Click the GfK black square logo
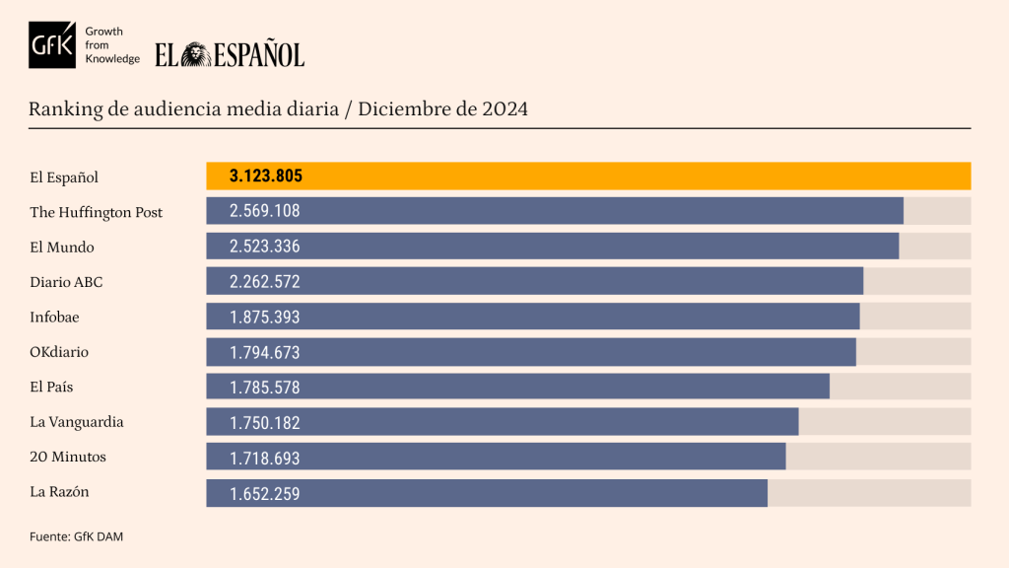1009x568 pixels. [x=52, y=44]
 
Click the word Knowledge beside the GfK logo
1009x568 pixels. [x=112, y=59]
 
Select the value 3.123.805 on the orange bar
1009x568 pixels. [x=265, y=177]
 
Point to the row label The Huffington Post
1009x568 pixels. [x=96, y=212]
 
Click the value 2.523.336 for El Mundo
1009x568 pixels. [x=264, y=247]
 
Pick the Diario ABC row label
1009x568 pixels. [x=66, y=282]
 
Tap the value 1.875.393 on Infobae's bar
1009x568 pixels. [x=264, y=317]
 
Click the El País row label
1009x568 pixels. [x=51, y=387]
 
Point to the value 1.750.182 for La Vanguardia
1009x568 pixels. [x=264, y=422]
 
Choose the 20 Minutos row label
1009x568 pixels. [x=68, y=457]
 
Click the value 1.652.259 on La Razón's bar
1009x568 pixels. [x=264, y=492]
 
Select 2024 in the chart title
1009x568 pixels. [x=504, y=109]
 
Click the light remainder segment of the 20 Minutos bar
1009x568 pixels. [x=877, y=457]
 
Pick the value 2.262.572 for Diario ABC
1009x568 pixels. [x=264, y=282]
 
